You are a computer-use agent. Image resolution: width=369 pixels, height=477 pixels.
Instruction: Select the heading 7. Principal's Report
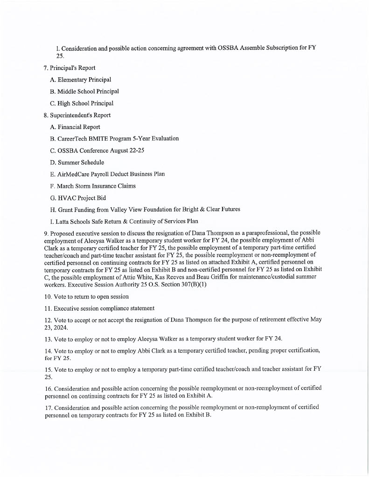(69, 68)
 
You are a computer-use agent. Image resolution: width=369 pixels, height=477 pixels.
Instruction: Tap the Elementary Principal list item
(80, 80)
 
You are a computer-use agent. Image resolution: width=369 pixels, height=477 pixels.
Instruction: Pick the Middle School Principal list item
(84, 91)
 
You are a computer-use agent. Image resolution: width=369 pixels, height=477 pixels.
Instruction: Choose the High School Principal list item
(81, 103)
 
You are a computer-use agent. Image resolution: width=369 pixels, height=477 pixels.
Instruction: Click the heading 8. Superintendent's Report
(77, 115)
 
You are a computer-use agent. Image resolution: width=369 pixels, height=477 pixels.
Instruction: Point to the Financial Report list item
(75, 127)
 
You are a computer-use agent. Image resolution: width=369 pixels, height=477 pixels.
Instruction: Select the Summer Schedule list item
(77, 162)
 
